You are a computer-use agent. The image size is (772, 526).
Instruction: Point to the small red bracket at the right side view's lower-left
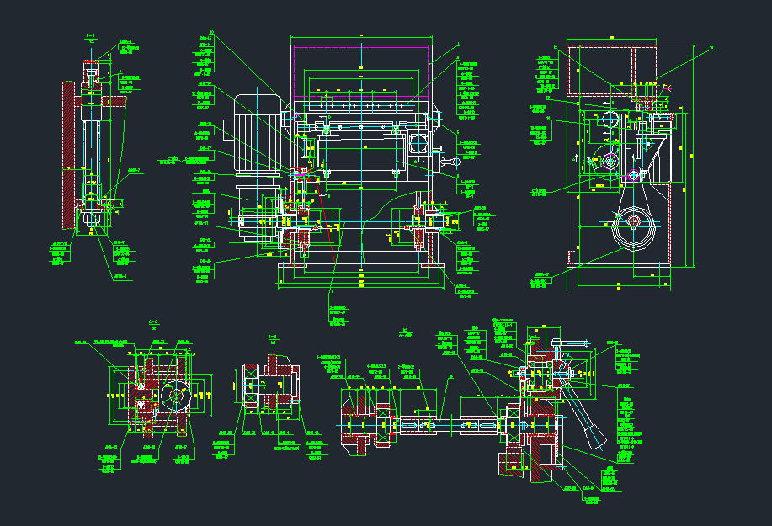[576, 255]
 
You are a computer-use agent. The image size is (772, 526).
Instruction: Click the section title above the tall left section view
[90, 37]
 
